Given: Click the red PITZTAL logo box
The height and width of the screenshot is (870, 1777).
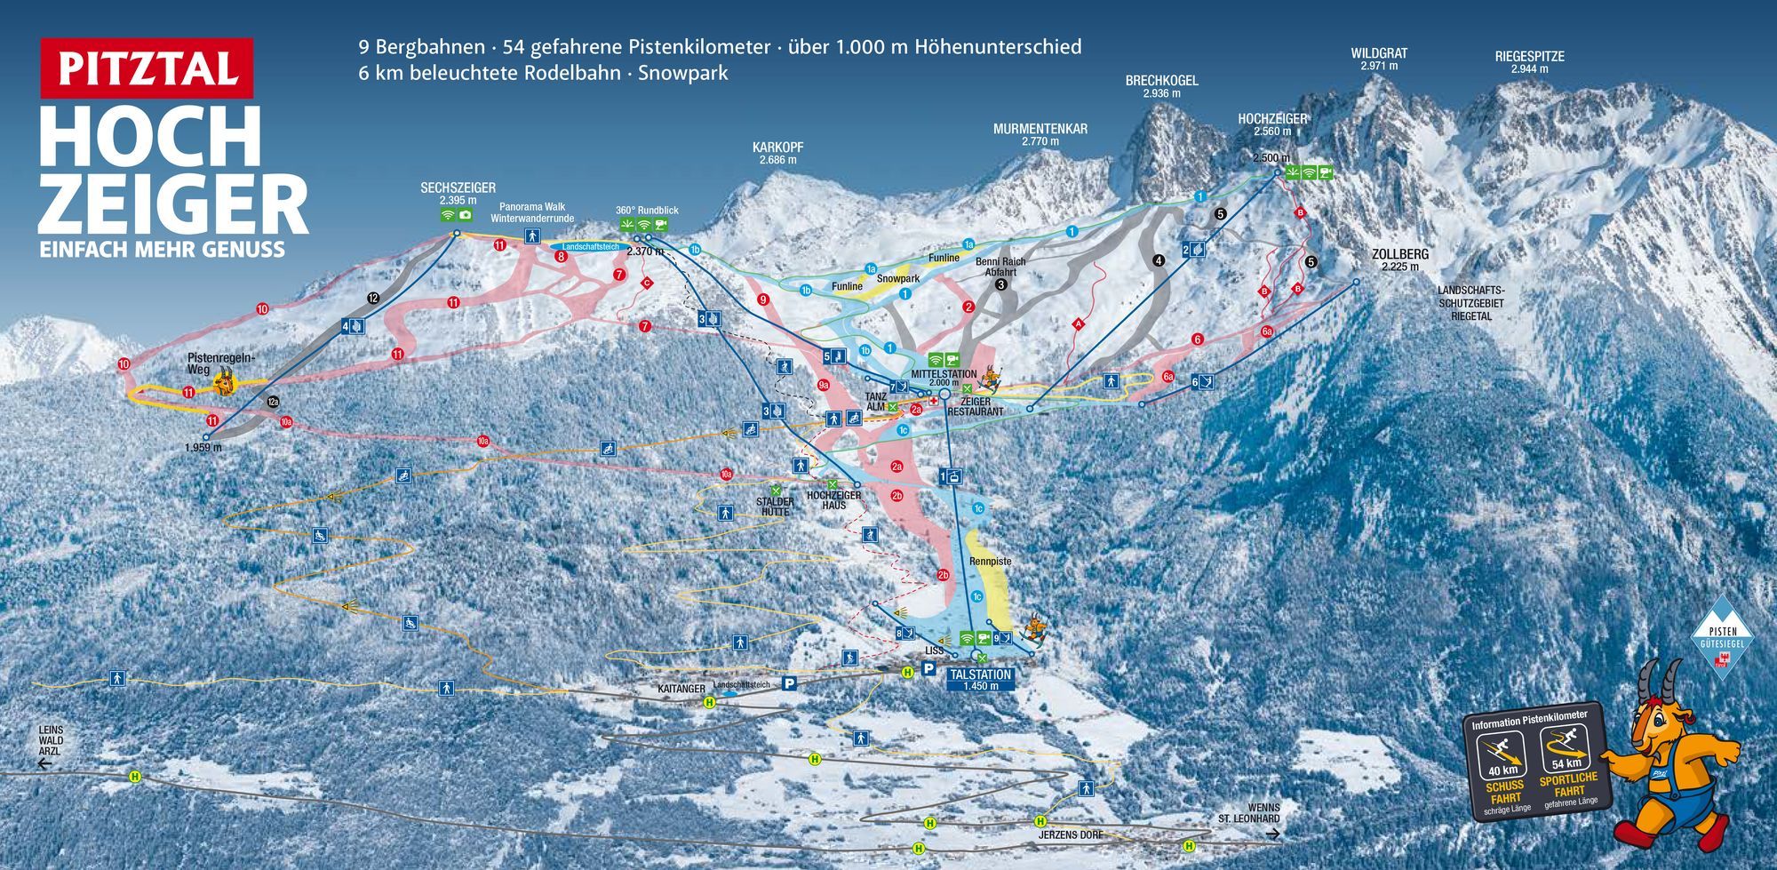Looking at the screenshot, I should point(147,68).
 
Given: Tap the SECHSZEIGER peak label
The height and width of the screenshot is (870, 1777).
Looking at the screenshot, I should point(458,193).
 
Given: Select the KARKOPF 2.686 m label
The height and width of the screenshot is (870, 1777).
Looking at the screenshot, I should point(777,153).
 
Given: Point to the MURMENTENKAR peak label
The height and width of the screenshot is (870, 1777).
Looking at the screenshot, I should point(1040,134).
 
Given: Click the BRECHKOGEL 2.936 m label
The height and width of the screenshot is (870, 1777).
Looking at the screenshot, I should point(1161,86).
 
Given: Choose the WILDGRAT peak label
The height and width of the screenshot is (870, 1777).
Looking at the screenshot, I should point(1379,59).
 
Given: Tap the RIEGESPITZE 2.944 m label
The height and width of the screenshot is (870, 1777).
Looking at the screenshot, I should point(1529,61).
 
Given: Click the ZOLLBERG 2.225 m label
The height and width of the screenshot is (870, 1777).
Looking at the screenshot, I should point(1399,259).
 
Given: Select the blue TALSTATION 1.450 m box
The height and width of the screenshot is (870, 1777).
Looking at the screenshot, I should point(980,680).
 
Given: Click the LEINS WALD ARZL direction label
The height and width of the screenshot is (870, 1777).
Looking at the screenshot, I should point(51,740).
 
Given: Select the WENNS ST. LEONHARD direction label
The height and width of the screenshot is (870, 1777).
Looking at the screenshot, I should point(1249,813).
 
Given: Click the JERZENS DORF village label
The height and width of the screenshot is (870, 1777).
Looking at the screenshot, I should point(1071,835).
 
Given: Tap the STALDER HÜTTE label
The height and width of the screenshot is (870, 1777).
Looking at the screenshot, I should point(775,507).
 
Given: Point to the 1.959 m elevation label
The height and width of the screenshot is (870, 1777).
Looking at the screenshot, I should point(203,448).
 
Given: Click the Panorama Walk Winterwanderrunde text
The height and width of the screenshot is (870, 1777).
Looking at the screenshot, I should point(532,212).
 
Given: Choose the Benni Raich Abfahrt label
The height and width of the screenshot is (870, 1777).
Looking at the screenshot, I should point(1000,267).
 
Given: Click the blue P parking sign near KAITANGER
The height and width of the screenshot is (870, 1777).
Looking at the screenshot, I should point(788,683).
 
